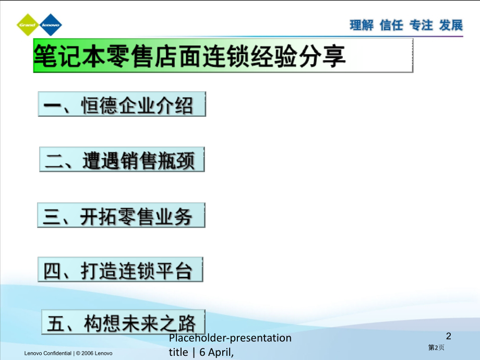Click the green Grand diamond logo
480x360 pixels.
coord(28,25)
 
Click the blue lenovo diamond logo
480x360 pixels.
coord(51,25)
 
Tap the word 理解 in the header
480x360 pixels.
coord(362,25)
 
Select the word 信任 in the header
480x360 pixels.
coord(391,25)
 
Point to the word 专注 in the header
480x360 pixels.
coord(421,25)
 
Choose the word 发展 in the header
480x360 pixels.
coord(451,25)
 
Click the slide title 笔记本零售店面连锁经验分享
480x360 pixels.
coord(190,56)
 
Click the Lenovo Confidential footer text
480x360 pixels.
coord(68,353)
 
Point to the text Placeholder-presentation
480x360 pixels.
coord(230,338)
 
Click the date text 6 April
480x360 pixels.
coord(216,352)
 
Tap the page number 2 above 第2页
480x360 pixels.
coord(449,336)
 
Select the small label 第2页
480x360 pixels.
coord(436,347)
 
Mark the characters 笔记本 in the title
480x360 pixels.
coord(69,56)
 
